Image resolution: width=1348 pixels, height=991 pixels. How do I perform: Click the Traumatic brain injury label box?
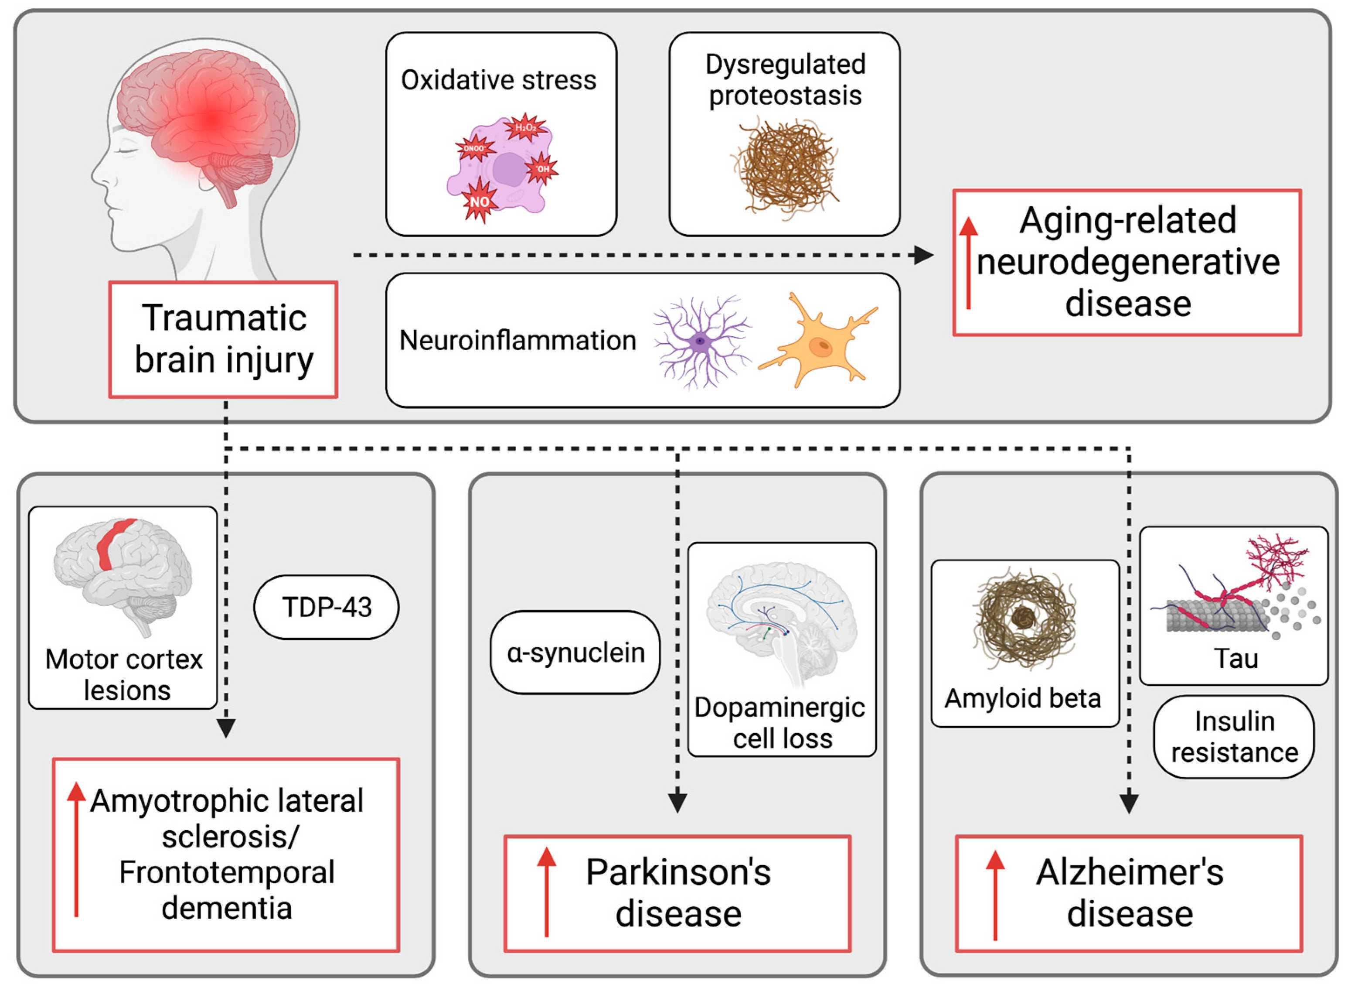tap(223, 339)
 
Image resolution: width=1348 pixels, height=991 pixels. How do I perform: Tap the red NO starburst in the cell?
tap(479, 201)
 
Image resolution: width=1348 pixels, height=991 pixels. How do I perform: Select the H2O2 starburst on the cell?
tap(525, 127)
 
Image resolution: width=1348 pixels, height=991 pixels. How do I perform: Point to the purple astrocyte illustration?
tap(701, 342)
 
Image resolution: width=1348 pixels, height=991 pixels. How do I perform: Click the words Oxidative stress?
tap(498, 80)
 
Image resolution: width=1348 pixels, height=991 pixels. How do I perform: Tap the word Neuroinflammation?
tap(517, 341)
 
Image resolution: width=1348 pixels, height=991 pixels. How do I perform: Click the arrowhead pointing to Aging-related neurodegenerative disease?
tap(923, 255)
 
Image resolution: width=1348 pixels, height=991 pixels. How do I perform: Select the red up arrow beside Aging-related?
tap(968, 264)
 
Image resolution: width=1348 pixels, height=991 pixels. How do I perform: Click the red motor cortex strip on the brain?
tap(113, 543)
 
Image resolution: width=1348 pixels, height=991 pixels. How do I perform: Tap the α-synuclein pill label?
tap(575, 653)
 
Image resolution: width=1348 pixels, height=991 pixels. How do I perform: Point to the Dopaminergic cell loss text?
tap(781, 723)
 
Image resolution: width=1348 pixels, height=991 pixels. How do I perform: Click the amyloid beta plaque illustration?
tap(1024, 618)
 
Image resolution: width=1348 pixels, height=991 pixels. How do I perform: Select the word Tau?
tap(1236, 659)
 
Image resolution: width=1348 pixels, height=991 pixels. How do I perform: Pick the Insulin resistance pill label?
tap(1234, 737)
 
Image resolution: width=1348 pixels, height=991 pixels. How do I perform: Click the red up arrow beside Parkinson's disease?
tap(546, 891)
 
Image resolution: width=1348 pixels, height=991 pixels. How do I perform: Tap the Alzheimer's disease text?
tap(1129, 892)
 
